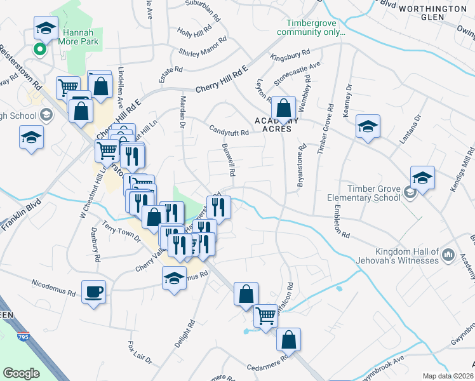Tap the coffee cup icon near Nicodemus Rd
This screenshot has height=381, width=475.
tap(93, 292)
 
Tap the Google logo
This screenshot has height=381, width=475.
tap(21, 373)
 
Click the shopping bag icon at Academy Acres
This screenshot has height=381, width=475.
tap(283, 107)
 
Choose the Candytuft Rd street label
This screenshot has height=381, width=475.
tap(229, 130)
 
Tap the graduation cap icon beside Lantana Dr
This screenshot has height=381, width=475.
tap(368, 126)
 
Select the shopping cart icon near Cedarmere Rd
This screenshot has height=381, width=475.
tap(266, 316)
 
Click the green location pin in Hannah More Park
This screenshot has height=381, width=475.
tap(41, 48)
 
